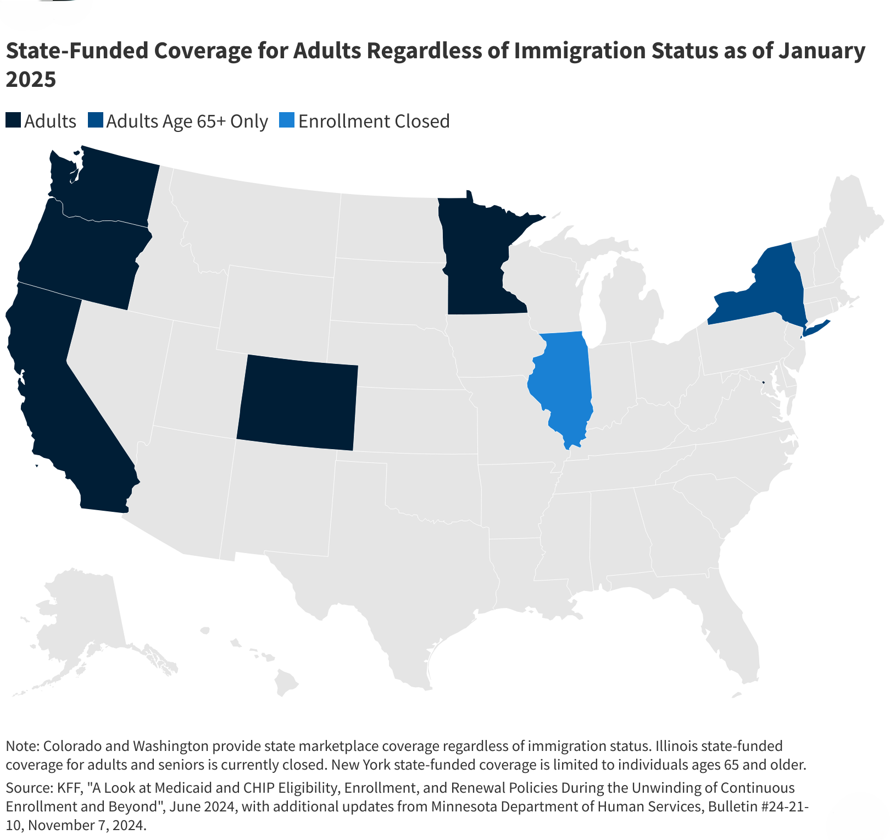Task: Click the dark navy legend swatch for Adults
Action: (13, 120)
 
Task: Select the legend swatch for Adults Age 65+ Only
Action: (95, 120)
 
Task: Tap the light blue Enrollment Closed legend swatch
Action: (287, 120)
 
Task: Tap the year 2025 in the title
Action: (31, 80)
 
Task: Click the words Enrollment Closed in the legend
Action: (374, 121)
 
